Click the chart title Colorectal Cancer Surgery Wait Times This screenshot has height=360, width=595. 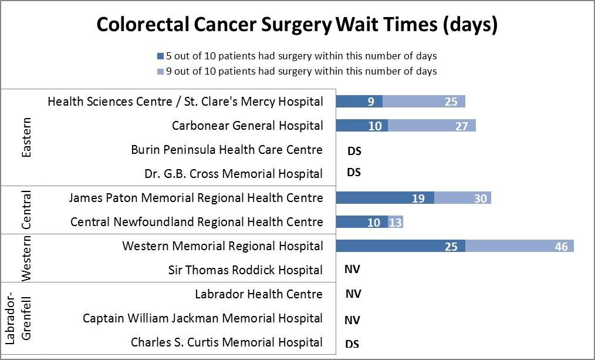click(297, 25)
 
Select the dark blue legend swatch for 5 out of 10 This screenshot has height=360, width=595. click(160, 56)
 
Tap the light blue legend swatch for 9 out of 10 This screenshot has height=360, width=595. click(160, 72)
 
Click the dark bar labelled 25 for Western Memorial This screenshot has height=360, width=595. click(400, 246)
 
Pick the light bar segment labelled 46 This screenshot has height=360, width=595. click(519, 246)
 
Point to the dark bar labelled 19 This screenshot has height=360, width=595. click(385, 198)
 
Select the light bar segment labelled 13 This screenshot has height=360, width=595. click(395, 222)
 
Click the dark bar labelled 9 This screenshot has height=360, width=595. click(359, 102)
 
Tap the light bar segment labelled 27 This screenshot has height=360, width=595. click(431, 126)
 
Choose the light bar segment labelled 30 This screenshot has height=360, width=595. click(462, 198)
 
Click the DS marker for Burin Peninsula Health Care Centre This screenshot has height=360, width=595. click(354, 151)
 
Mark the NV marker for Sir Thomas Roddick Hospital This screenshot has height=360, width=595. click(353, 270)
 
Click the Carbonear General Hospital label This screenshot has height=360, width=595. click(247, 126)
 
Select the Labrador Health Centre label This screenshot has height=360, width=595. click(258, 294)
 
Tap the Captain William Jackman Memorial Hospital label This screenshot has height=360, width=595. click(202, 318)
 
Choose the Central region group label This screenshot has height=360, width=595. click(26, 210)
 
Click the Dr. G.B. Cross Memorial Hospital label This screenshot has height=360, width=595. click(234, 174)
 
